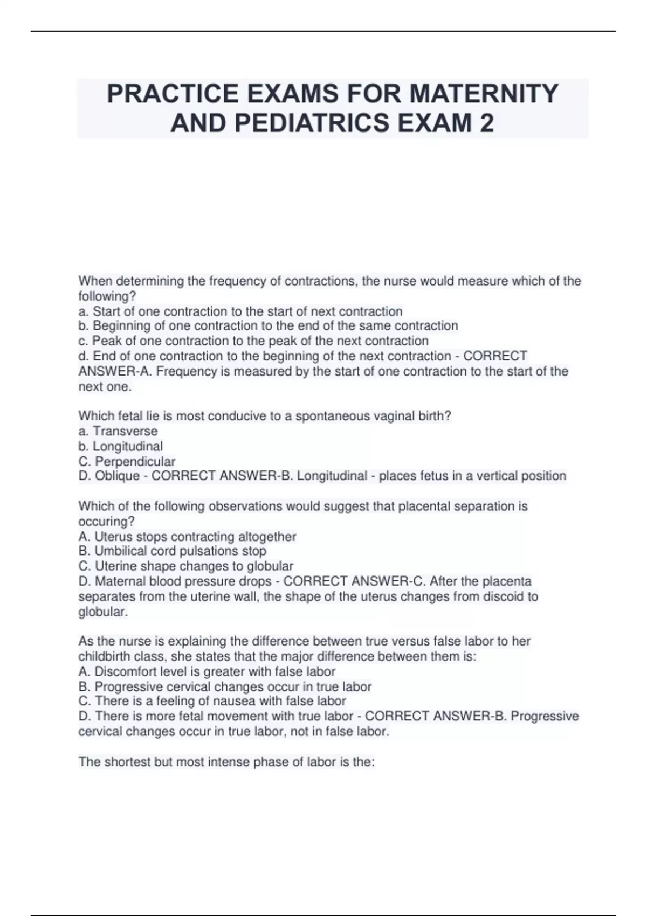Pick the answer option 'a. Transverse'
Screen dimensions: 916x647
coord(118,431)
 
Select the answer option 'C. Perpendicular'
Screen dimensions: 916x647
coord(127,461)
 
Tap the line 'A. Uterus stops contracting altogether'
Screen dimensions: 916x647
coord(187,537)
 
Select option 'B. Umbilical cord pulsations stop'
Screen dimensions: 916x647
coord(173,551)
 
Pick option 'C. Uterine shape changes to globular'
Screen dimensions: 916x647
coord(186,566)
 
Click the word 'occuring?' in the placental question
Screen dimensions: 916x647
coord(106,521)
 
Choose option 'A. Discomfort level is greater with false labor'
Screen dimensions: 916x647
coord(207,671)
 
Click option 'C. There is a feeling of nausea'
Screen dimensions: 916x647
coord(212,701)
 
